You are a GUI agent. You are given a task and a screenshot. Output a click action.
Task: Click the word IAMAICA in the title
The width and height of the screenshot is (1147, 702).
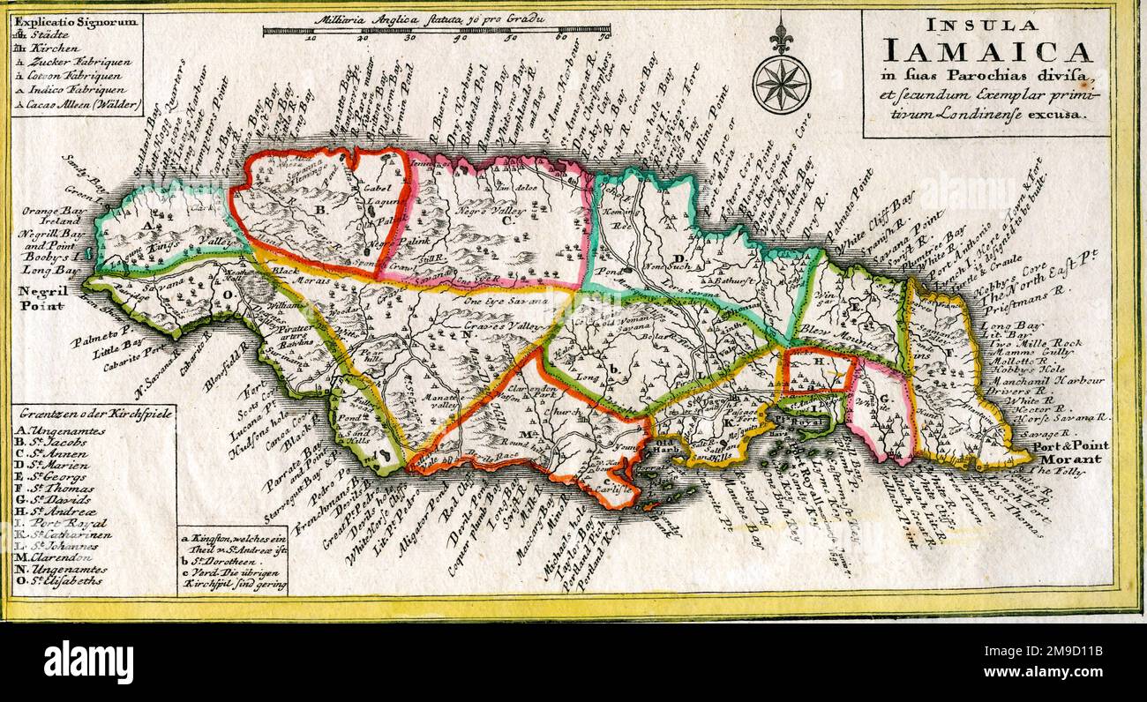pos(986,52)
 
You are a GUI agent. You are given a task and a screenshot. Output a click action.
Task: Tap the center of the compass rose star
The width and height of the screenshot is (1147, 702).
pos(782,84)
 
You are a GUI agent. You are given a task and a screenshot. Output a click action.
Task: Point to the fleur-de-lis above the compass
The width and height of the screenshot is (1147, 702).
pos(781,35)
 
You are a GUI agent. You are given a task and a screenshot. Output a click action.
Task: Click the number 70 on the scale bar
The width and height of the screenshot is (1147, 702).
pos(604,38)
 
